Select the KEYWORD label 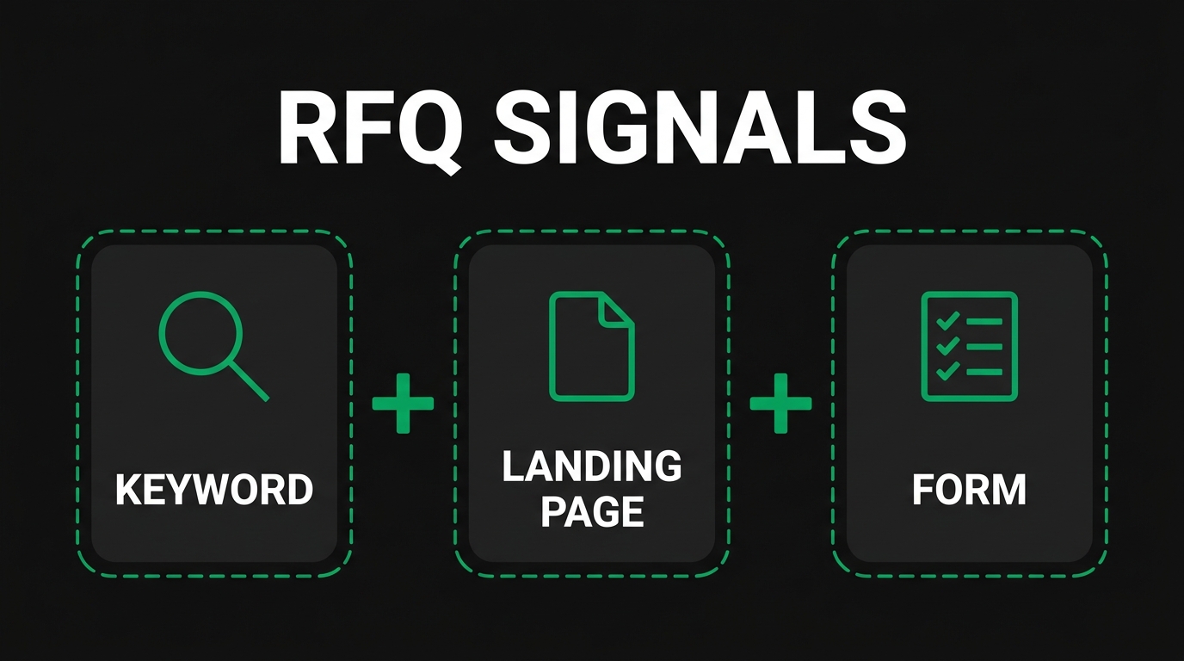tap(214, 490)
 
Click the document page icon tap(592, 346)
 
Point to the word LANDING tap(592, 467)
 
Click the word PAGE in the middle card tap(592, 512)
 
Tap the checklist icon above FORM tap(970, 346)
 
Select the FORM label tap(969, 490)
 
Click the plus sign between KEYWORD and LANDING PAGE tap(403, 403)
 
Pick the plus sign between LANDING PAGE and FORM tap(780, 403)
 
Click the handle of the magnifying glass tap(249, 381)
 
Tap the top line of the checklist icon tap(984, 322)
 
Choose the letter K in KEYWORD tap(126, 490)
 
